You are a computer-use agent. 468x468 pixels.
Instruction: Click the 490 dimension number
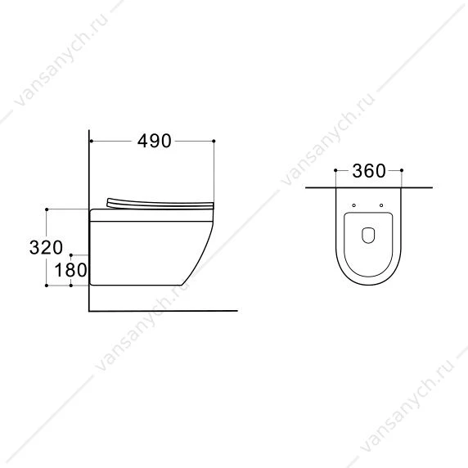[155, 141]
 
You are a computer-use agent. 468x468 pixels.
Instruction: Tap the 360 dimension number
[369, 171]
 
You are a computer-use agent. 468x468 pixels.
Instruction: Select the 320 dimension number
[46, 247]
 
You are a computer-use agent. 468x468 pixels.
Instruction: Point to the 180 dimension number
[70, 270]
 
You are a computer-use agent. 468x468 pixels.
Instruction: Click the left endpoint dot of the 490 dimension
[91, 141]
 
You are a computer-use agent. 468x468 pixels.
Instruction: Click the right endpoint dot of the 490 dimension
[214, 141]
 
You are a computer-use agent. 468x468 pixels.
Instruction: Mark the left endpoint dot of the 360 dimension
[335, 170]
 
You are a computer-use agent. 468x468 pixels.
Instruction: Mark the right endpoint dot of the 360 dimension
[402, 170]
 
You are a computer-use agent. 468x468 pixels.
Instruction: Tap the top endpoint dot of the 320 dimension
[47, 209]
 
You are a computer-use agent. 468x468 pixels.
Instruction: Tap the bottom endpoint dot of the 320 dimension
[47, 286]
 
